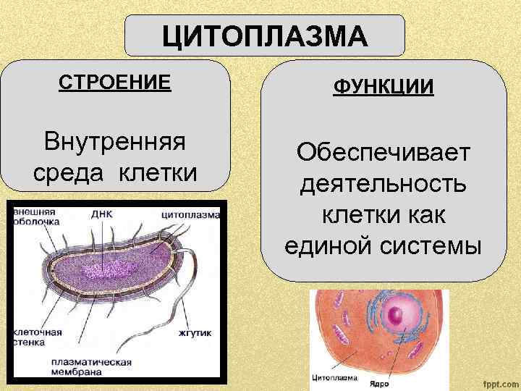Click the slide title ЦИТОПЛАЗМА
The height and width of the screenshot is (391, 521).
tap(265, 35)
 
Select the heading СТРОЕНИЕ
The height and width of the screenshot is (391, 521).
tap(115, 81)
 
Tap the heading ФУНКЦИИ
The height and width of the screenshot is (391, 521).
tap(384, 88)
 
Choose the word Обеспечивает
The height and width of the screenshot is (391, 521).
tap(384, 153)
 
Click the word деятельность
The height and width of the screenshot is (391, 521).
tap(384, 184)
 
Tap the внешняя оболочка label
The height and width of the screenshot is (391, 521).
tap(36, 216)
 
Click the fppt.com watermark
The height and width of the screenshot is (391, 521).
tap(495, 382)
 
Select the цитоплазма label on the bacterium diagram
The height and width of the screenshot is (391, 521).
tap(190, 214)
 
